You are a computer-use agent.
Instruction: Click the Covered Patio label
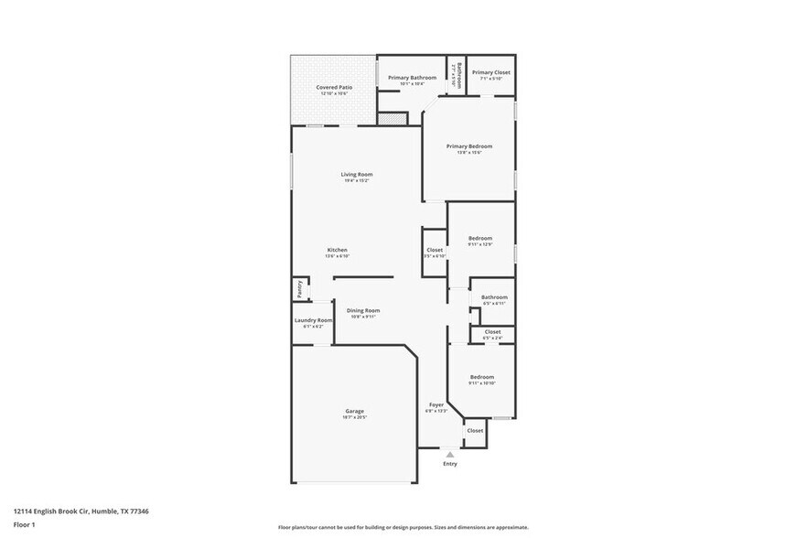point(334,87)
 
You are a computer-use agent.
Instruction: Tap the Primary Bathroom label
point(412,78)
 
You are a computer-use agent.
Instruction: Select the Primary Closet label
point(490,72)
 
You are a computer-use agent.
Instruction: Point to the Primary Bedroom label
point(469,146)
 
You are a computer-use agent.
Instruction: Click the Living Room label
point(357,174)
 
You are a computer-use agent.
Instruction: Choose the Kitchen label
point(338,250)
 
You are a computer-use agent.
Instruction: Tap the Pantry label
point(299,289)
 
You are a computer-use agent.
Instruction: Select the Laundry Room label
point(313,320)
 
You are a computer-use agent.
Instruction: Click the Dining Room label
point(363,310)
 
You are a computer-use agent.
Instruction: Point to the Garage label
point(355,411)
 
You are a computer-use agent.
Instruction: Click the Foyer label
point(436,404)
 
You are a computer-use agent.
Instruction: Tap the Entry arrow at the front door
point(449,454)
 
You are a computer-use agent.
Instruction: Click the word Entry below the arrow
point(450,464)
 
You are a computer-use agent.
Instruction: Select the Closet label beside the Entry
point(475,430)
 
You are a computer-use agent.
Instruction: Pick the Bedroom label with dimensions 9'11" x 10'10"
point(482,377)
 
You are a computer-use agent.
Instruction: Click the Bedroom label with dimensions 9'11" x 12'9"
point(480,238)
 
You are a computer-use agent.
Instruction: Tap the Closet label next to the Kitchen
point(435,250)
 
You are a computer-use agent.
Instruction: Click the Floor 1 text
point(24,524)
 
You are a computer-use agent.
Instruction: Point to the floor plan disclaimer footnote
point(403,527)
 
